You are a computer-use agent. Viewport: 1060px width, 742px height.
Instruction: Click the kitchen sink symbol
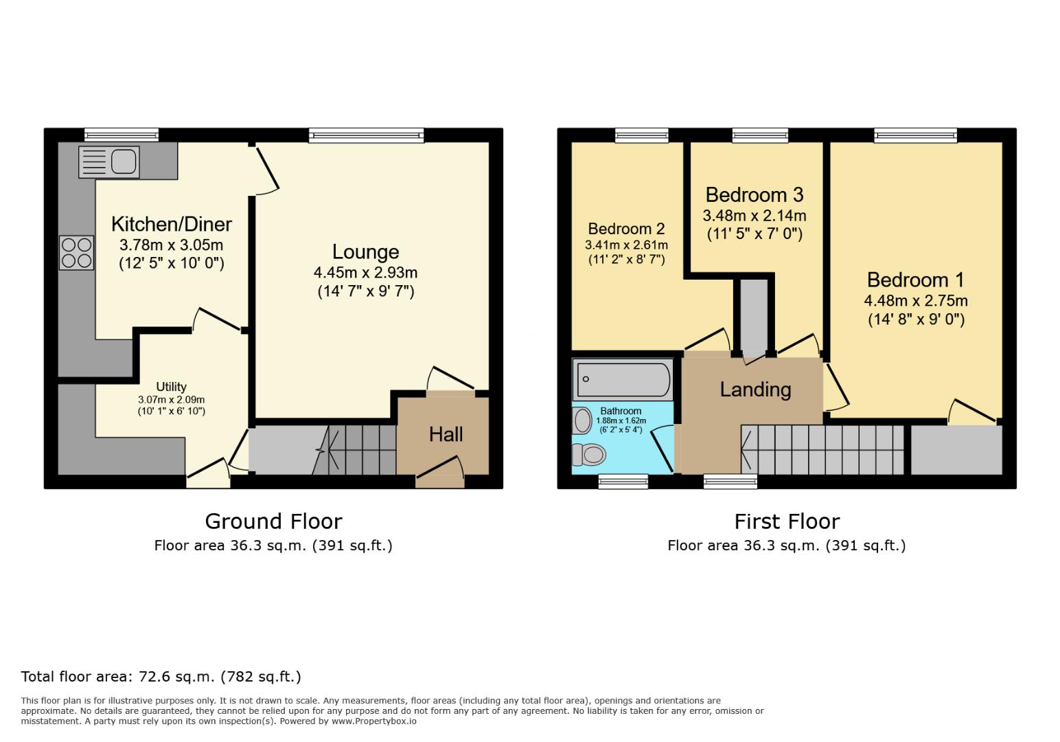pos(109,162)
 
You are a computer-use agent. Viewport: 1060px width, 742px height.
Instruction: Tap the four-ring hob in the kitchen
pos(76,253)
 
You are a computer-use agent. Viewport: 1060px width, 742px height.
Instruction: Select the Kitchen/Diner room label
pos(171,224)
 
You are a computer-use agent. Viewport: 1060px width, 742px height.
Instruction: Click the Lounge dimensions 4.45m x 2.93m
pos(365,273)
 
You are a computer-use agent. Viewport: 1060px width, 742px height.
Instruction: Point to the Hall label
pos(446,434)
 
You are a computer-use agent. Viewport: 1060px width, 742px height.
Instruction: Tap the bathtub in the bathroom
pos(623,379)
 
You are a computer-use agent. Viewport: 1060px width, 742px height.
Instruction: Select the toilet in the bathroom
pos(589,454)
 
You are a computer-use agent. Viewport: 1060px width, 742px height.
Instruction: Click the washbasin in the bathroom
pos(582,420)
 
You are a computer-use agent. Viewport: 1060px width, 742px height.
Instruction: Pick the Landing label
pos(755,390)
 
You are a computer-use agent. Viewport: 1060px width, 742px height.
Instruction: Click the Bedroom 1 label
pos(915,280)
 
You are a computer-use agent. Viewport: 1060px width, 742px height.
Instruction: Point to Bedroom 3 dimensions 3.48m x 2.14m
pos(754,216)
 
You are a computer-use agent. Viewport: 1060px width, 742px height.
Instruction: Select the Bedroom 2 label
pos(626,229)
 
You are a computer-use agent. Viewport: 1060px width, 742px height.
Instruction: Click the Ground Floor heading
pos(273,521)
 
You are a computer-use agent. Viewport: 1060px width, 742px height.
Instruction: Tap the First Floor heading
pos(787,521)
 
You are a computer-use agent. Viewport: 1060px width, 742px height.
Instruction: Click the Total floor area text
pos(161,677)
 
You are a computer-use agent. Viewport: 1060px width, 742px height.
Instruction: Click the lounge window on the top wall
pos(366,135)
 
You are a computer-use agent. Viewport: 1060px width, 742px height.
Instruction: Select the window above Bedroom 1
pos(915,135)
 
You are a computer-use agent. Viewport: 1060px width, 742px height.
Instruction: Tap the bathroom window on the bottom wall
pos(623,482)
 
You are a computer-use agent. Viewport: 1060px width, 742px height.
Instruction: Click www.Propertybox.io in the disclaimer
pos(374,721)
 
